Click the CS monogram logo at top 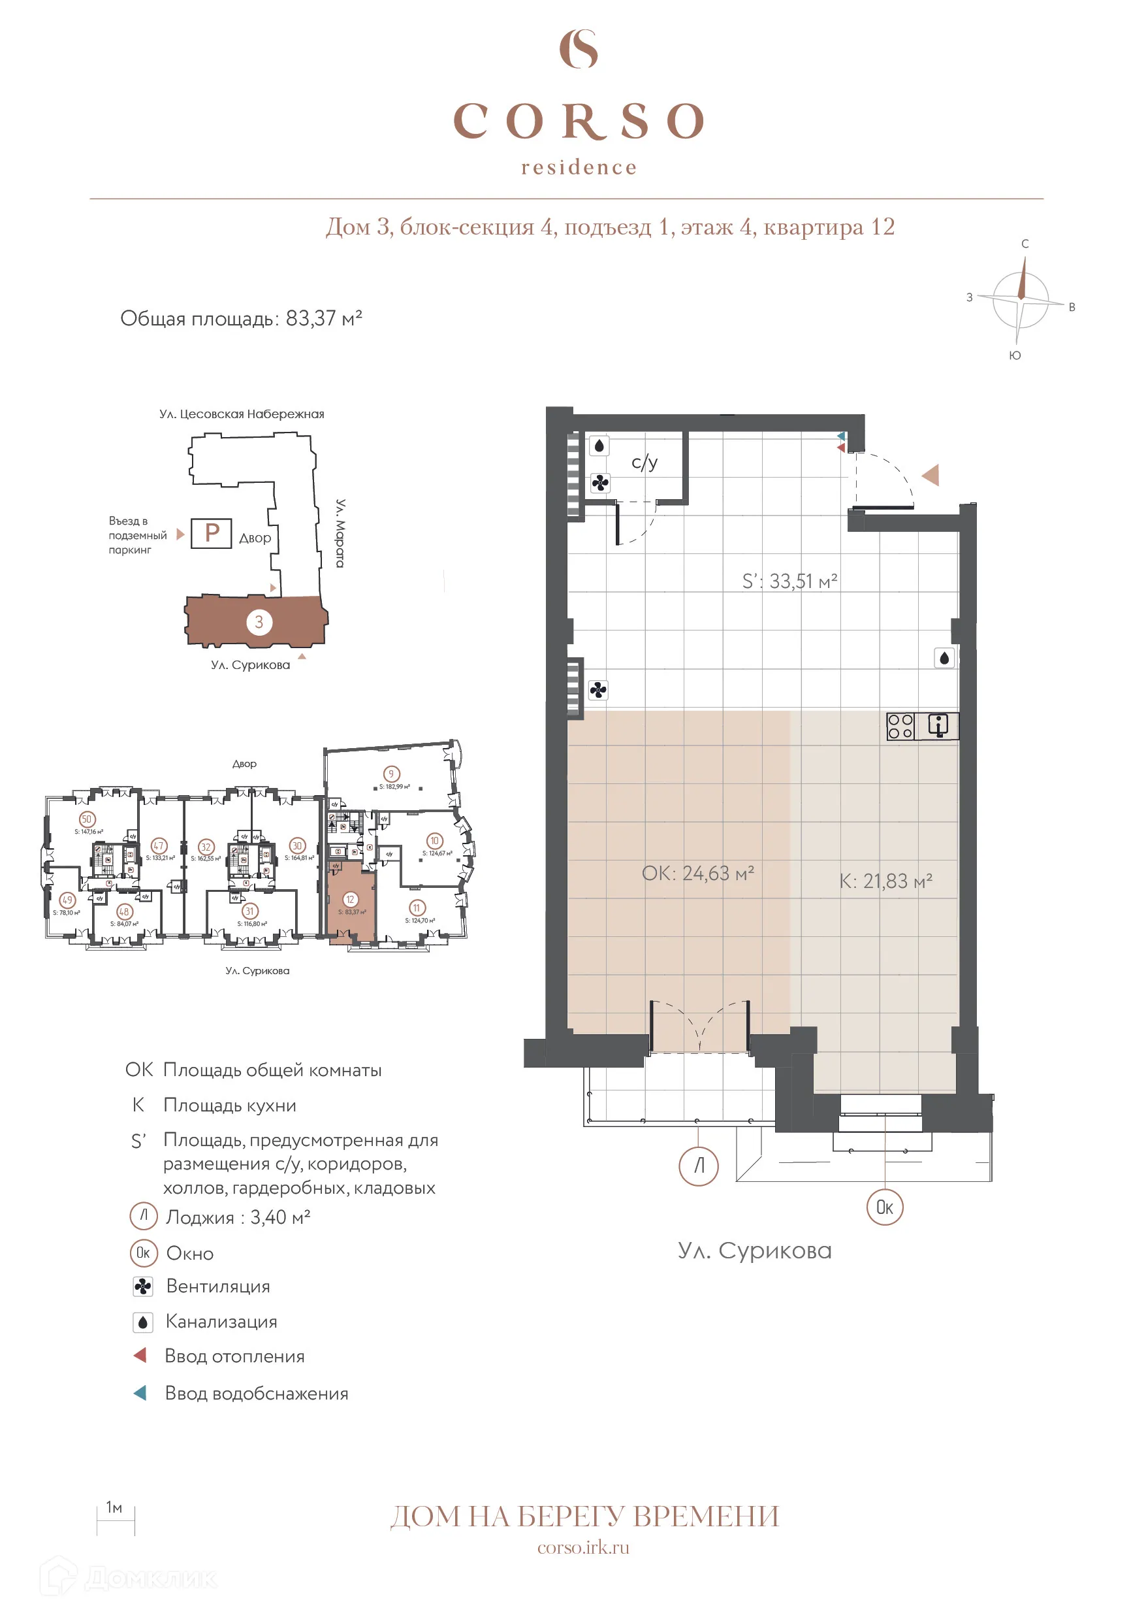click(578, 49)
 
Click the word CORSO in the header click(578, 121)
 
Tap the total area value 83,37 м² click(323, 318)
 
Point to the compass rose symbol click(1020, 299)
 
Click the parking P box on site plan click(211, 533)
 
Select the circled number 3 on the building click(259, 622)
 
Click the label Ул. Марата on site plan click(340, 533)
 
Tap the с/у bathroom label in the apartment click(644, 463)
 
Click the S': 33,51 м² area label click(789, 581)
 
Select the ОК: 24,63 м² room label click(697, 874)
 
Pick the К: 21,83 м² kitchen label click(885, 881)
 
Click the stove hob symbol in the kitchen click(900, 727)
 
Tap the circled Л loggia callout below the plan click(698, 1166)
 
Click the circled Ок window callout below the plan click(884, 1207)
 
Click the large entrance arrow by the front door click(931, 474)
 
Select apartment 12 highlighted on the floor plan click(351, 908)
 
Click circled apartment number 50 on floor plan click(86, 819)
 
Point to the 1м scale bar click(116, 1517)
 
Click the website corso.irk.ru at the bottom click(583, 1548)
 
